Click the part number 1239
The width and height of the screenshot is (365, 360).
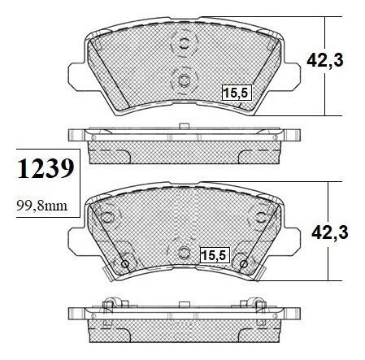[x=46, y=168]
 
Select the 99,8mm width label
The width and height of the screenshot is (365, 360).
[x=41, y=206]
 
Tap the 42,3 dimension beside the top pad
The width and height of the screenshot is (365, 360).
[x=325, y=60]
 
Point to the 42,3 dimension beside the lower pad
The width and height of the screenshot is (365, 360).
[x=330, y=232]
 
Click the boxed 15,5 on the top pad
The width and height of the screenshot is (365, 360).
[x=237, y=93]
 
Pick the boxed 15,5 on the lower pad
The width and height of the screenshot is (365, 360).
[x=215, y=255]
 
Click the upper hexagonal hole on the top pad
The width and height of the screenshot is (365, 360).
[x=185, y=43]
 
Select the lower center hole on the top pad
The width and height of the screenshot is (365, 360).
[x=185, y=80]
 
